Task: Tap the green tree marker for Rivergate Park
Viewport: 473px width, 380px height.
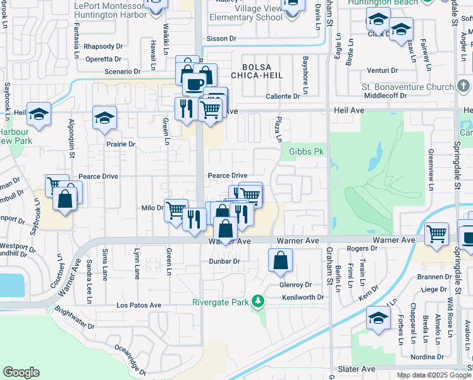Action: [x=257, y=300]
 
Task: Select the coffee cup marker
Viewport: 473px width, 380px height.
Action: [x=194, y=82]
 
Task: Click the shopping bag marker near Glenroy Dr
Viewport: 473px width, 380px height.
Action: [x=280, y=260]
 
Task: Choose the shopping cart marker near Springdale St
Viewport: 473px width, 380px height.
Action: [x=436, y=234]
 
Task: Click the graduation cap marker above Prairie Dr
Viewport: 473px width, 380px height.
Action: [x=104, y=118]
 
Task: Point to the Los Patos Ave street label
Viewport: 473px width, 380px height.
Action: [x=139, y=305]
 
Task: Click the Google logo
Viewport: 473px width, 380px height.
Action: [x=21, y=372]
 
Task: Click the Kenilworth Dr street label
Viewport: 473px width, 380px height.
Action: [x=303, y=297]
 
